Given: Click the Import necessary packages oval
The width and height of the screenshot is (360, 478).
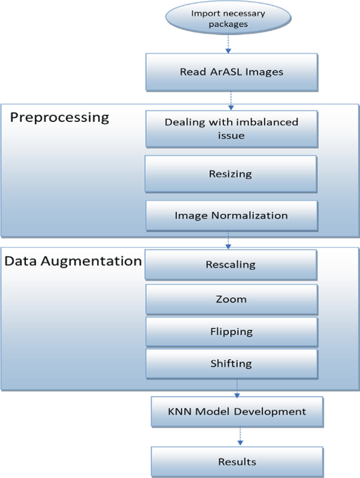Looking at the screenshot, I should (228, 19).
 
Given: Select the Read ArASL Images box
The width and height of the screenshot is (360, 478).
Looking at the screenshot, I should (231, 72).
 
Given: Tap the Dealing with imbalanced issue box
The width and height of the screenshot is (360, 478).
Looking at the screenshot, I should (231, 128).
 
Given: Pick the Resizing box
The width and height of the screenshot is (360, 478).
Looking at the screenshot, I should (231, 173).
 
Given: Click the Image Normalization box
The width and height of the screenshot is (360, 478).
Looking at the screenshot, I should (231, 215).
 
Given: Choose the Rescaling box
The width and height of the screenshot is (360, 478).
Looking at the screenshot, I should (231, 264).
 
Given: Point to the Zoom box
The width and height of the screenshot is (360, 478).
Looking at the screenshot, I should (231, 299).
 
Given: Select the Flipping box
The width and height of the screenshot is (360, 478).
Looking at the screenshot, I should (231, 331).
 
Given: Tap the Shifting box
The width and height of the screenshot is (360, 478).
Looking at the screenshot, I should (231, 363).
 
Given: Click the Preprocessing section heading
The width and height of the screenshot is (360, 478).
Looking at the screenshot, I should (60, 117).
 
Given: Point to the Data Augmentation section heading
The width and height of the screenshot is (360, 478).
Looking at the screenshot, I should (73, 261).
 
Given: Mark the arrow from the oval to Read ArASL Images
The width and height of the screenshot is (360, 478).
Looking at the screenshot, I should (228, 45).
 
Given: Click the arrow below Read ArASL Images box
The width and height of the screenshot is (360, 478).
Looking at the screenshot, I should (230, 98).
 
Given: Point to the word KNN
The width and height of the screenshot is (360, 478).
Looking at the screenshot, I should (177, 411).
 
